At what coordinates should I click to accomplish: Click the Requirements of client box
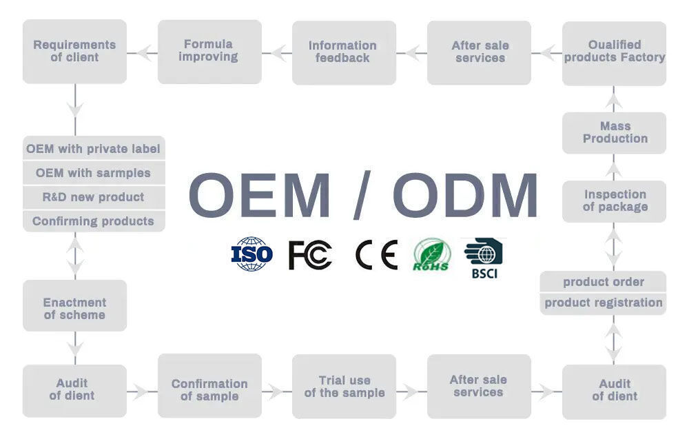74,52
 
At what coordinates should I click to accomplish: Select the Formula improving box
209,52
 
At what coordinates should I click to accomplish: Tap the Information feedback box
343,52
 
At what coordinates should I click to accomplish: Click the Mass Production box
614,132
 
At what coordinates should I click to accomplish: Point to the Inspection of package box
614,201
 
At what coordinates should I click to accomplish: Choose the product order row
603,282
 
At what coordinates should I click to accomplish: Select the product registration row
603,303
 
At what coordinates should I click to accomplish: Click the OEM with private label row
93,149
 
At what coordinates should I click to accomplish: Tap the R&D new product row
93,197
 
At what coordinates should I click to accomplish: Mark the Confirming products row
93,221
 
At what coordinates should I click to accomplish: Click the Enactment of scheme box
74,309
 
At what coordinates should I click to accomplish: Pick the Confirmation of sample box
209,390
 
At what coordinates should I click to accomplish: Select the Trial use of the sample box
343,387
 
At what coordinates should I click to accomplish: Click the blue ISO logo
251,254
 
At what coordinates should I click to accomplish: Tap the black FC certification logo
309,255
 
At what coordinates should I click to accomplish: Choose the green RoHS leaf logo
431,255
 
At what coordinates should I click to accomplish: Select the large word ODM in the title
465,195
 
